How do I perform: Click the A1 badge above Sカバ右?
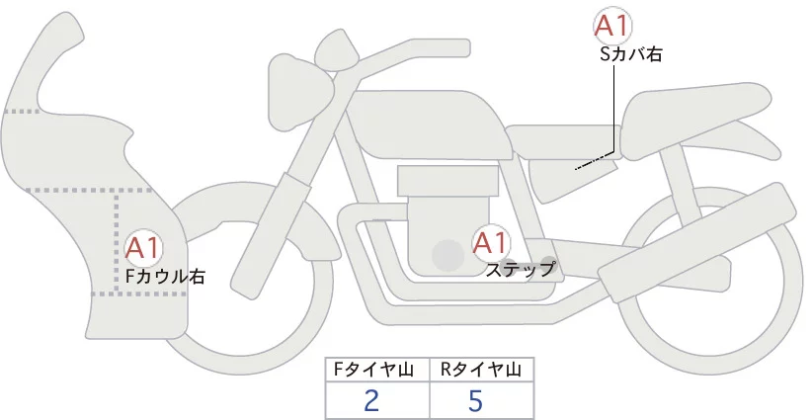click(613, 27)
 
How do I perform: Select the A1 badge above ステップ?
click(491, 242)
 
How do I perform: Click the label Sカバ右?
click(630, 55)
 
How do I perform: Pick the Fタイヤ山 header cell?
click(377, 370)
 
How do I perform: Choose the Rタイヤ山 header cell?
click(481, 370)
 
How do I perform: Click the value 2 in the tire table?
click(372, 400)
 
